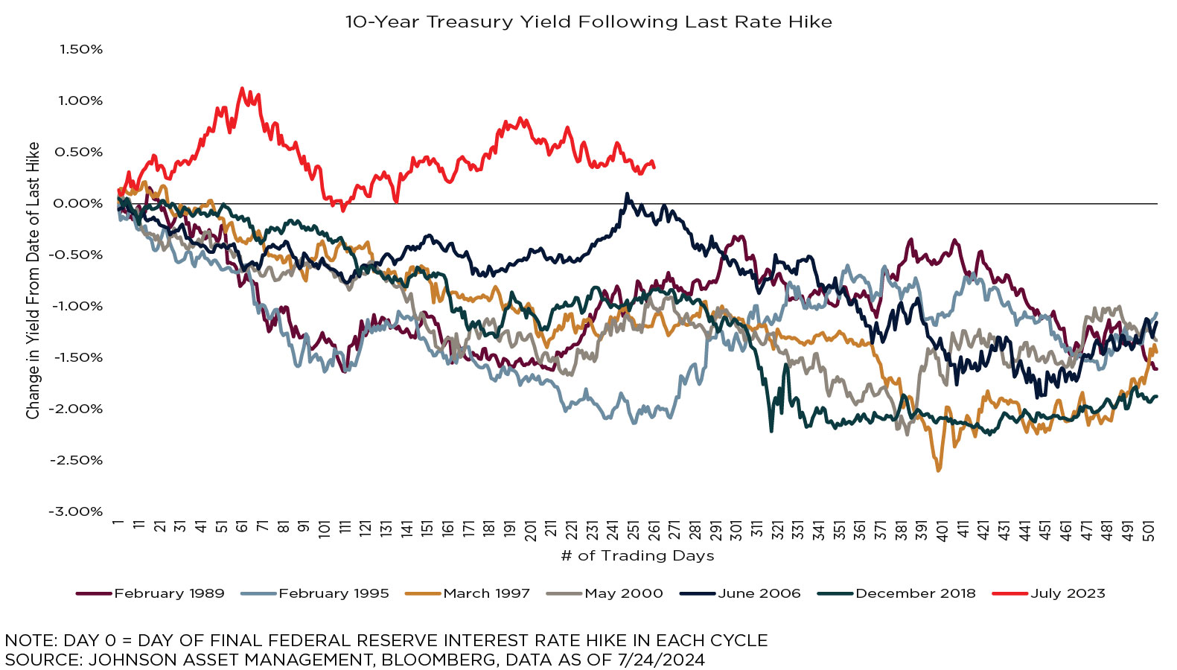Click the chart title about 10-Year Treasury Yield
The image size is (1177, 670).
588,22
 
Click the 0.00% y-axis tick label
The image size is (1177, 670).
78,203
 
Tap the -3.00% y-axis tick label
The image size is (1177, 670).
75,511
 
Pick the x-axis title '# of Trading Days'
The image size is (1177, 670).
637,555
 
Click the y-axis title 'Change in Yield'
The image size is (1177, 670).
33,281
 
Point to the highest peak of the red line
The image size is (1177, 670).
241,89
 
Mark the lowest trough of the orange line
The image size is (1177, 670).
938,470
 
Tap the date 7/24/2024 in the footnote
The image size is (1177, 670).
661,660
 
